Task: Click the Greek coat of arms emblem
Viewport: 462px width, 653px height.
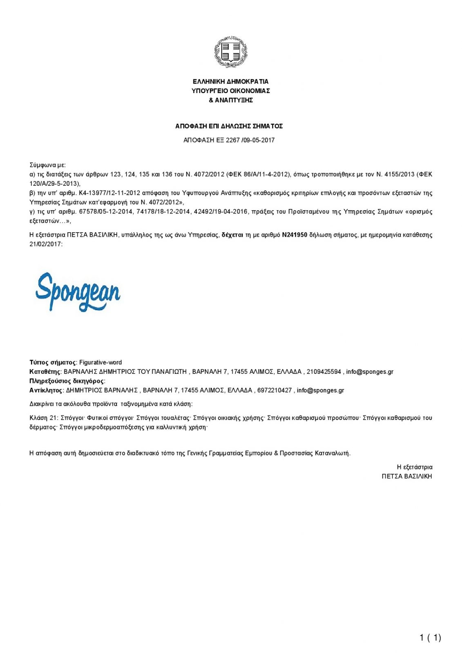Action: click(231, 51)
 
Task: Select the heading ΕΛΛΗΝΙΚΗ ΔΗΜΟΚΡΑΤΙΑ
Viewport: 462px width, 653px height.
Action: click(231, 82)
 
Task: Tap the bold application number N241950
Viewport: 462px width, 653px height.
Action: click(295, 235)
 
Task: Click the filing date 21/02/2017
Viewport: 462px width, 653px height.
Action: click(45, 244)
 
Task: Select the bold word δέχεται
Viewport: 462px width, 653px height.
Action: click(232, 235)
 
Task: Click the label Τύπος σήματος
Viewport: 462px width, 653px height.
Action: click(52, 362)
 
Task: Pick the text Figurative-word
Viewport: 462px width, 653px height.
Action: click(100, 362)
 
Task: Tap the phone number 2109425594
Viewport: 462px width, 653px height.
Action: click(324, 372)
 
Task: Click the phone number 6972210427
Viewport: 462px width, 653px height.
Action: click(275, 390)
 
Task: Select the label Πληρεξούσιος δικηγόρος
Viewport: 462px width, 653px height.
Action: click(67, 381)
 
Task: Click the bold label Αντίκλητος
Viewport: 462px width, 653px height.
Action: click(46, 390)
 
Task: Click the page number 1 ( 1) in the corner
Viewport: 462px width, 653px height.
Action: click(430, 637)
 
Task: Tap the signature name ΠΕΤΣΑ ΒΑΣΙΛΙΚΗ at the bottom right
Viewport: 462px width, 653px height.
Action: click(406, 476)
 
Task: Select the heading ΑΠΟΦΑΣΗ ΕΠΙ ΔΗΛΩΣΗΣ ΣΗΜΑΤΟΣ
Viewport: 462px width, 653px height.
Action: click(229, 126)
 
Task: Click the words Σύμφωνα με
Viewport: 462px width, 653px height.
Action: click(47, 165)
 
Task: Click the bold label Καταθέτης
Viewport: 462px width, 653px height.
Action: click(45, 372)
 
